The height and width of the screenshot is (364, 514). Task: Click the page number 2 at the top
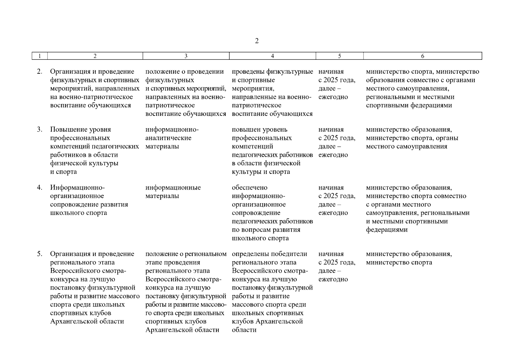tap(257, 41)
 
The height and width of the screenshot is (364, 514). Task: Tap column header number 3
tap(186, 56)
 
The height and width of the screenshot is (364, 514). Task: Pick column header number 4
tap(273, 56)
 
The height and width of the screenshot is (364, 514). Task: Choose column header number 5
tap(340, 56)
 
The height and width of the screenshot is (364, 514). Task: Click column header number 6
tap(423, 56)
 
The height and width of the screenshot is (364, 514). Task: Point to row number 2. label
tap(40, 72)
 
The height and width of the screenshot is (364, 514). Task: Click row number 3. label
tap(40, 130)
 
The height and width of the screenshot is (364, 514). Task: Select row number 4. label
tap(40, 187)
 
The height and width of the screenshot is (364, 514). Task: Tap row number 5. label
tap(40, 254)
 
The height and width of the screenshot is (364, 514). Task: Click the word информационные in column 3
tap(173, 187)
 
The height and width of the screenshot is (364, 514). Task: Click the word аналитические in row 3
tap(168, 138)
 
